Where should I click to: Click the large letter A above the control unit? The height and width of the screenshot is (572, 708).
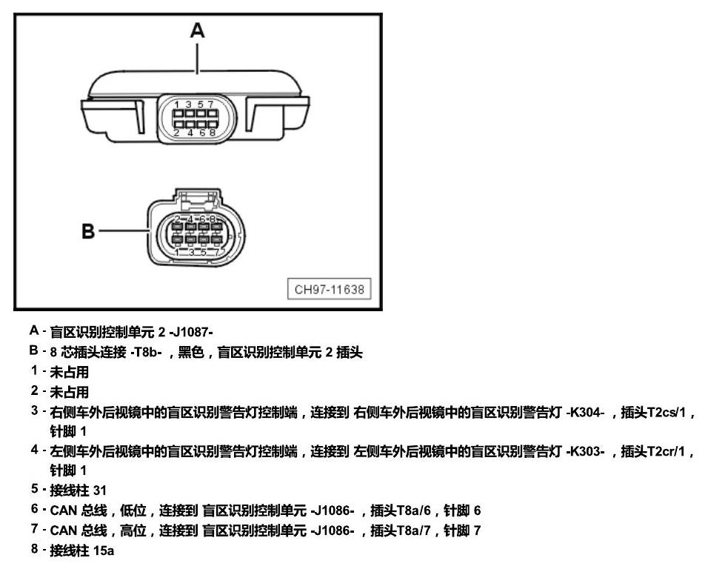[197, 30]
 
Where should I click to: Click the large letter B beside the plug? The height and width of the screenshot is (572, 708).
[88, 231]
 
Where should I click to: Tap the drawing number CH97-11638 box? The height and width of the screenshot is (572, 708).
[329, 289]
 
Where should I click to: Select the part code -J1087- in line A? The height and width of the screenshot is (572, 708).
[190, 332]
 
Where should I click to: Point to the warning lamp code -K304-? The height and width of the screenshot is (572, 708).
[585, 412]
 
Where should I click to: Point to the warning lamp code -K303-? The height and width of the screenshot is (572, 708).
[585, 451]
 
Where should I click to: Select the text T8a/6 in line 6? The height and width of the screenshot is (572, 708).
[413, 511]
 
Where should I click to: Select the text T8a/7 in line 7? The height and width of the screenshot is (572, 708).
[413, 530]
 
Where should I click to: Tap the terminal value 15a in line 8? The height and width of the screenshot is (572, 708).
[104, 551]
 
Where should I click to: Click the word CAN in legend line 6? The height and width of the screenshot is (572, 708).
[63, 511]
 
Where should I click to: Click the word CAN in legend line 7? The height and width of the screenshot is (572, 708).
[63, 530]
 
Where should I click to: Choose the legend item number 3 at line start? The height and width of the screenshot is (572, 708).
[34, 410]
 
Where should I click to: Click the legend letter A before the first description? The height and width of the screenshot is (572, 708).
[34, 330]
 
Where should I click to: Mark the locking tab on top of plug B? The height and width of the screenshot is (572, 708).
[197, 198]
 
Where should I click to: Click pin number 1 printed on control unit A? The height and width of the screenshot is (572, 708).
[177, 104]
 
